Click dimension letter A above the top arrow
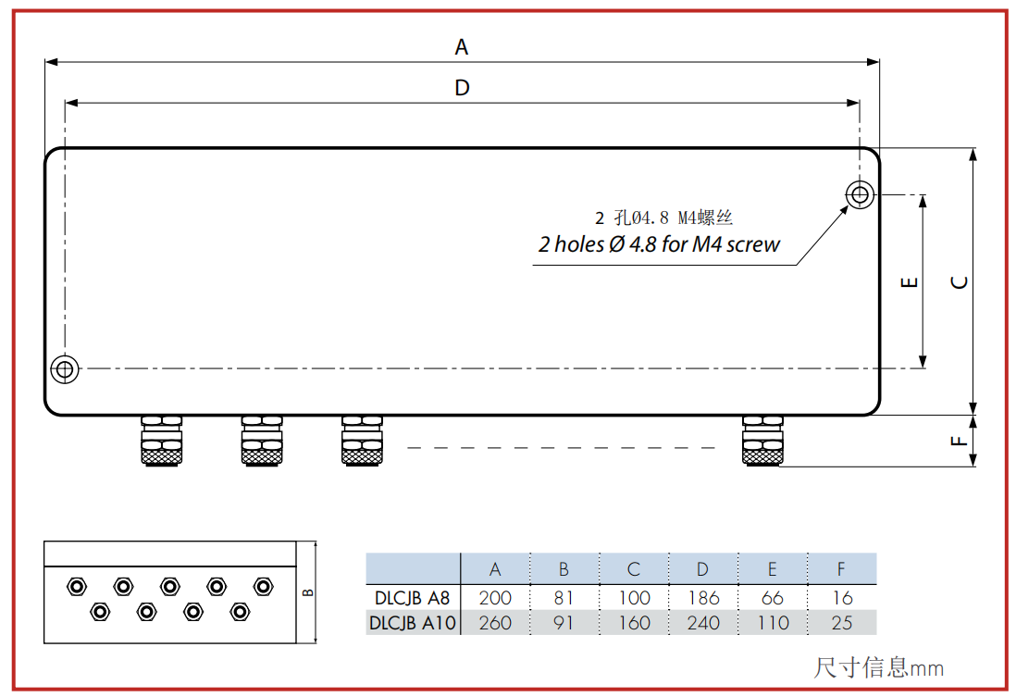(462, 46)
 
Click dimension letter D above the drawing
(462, 88)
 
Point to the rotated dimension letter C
(960, 282)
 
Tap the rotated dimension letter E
(910, 282)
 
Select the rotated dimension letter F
(959, 441)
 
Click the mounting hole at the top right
(860, 193)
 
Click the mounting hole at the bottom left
(65, 369)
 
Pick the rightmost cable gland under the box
(762, 441)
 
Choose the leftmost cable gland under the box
(161, 441)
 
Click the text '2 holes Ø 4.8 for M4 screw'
(659, 244)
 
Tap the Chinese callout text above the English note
(663, 218)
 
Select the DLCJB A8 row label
(412, 598)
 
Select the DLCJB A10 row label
(412, 623)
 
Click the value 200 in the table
(495, 598)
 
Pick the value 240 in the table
(703, 623)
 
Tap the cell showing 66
(773, 598)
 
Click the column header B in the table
(564, 569)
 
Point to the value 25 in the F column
(842, 623)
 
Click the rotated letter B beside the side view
(308, 592)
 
